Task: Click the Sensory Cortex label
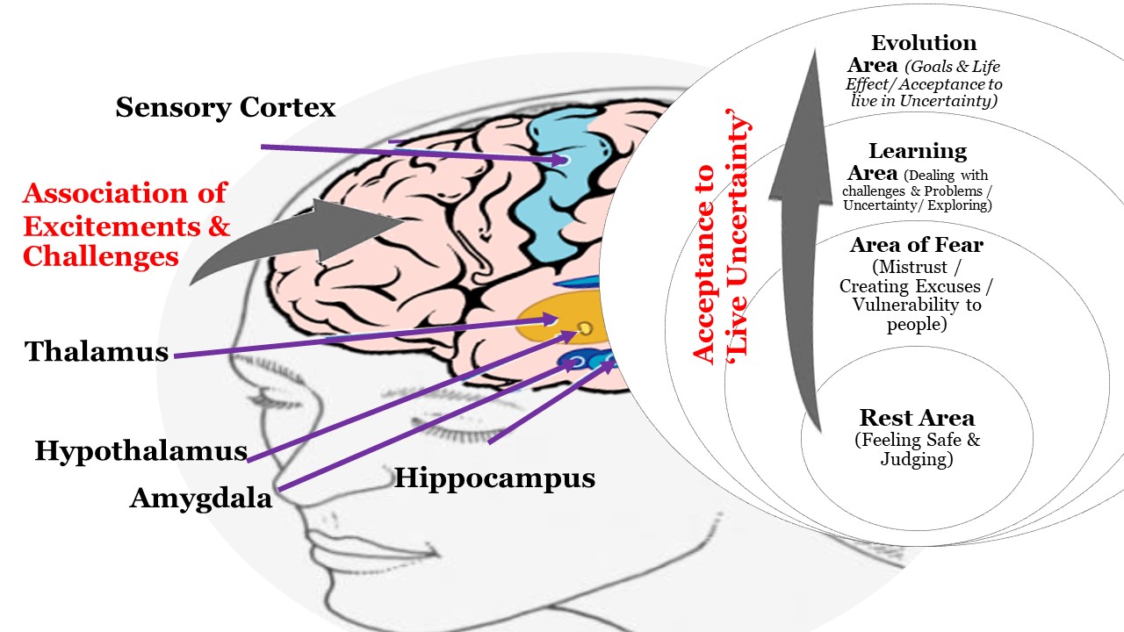coord(226,108)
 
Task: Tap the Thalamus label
coord(97,352)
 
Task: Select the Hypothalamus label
coord(140,451)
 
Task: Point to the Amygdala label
coord(201,498)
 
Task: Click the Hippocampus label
coord(494,478)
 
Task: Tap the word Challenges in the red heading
coord(101,256)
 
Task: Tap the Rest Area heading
coord(917,418)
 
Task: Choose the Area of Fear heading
coord(916,246)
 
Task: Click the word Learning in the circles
coord(918,152)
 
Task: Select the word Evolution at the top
coord(924,43)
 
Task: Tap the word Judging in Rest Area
coord(917,458)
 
